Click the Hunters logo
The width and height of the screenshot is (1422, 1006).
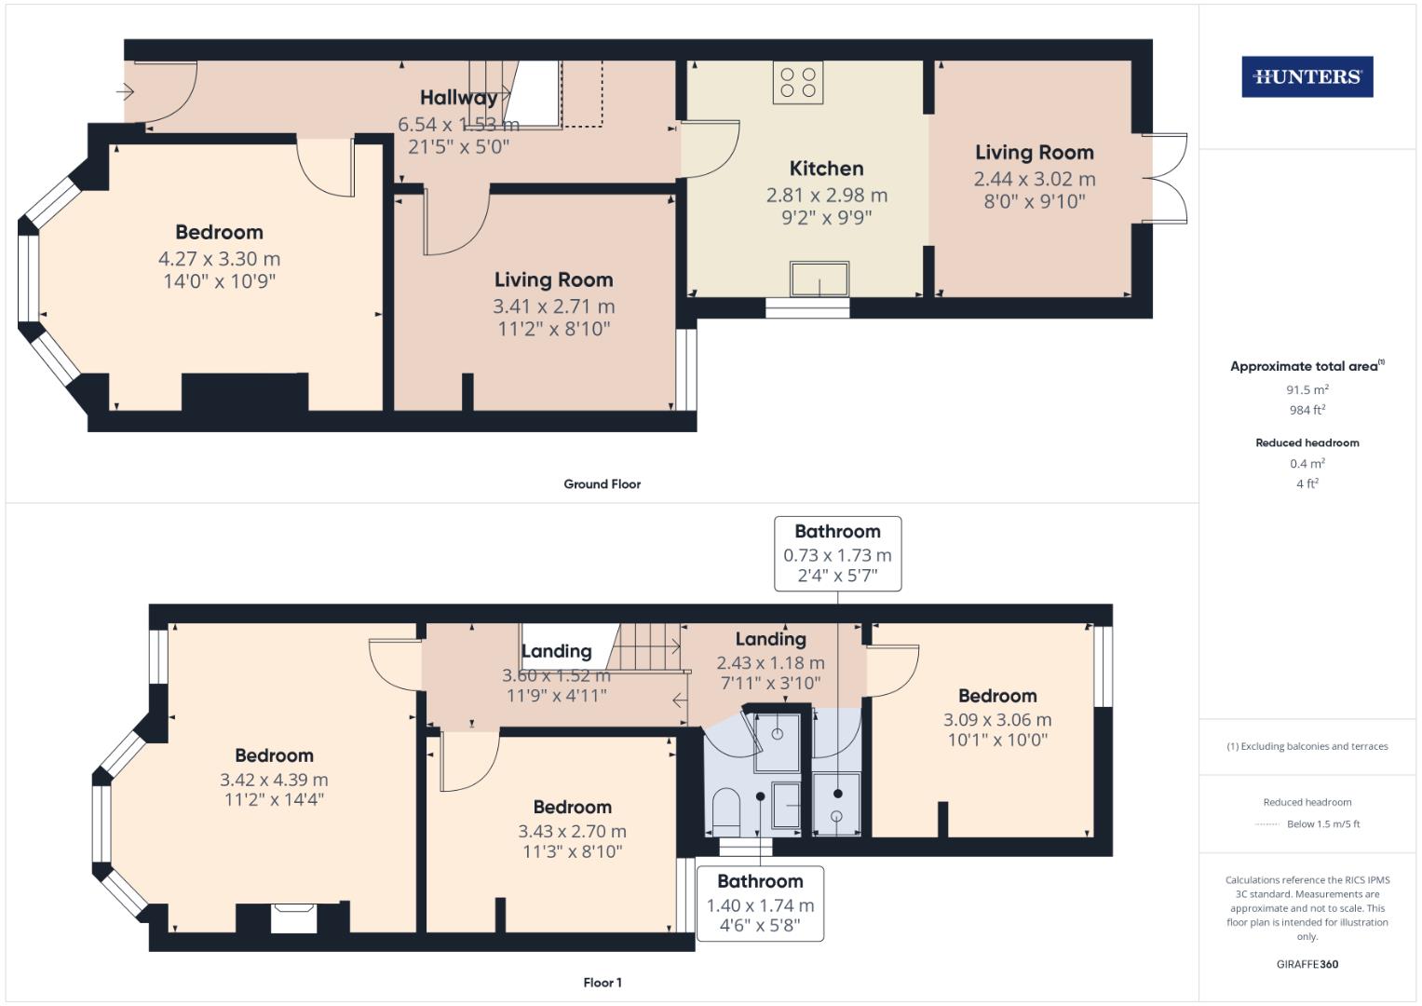coord(1307,77)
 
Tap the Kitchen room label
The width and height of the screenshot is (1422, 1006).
coord(826,169)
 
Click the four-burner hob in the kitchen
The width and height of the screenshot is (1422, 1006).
coord(798,82)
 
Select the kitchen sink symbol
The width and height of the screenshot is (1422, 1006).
coord(819,279)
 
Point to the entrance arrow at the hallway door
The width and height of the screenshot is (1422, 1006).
coord(126,91)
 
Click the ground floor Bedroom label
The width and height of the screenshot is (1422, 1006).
coord(219,232)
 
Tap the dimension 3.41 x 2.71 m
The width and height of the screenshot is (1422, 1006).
coord(553,306)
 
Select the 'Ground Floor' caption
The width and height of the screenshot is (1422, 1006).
coord(602,484)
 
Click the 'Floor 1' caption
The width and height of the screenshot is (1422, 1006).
coord(602,983)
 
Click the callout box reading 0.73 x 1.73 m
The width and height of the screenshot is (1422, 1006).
coord(837,554)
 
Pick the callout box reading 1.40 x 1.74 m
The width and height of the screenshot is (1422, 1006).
coord(760,904)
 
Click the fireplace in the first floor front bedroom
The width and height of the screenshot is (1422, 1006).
coord(293,917)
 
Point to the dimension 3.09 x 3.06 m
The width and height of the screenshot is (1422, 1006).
coord(997,719)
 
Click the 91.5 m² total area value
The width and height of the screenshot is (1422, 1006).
coord(1307,390)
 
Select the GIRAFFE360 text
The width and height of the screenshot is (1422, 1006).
coord(1307,964)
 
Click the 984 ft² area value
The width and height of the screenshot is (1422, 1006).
coord(1307,410)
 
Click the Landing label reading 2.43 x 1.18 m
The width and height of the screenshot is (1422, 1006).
coord(770,662)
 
